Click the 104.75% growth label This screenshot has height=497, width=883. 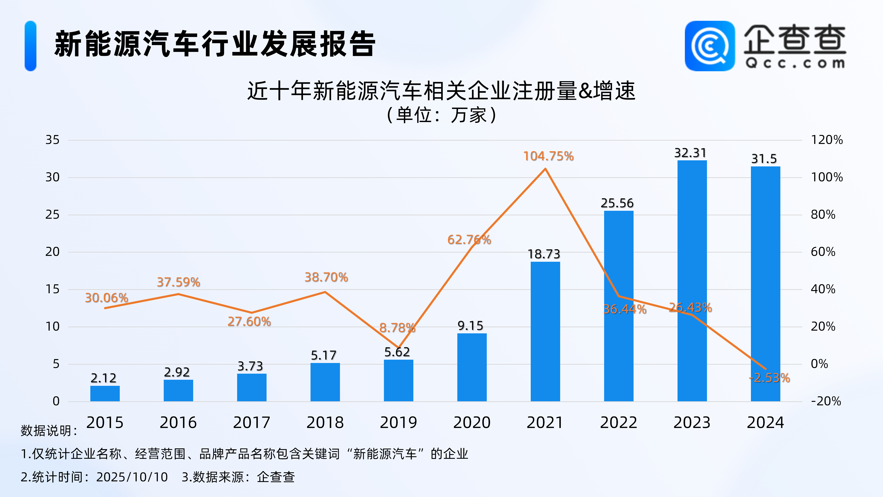point(548,156)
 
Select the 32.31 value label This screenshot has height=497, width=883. point(690,153)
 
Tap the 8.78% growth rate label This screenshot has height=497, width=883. point(397,328)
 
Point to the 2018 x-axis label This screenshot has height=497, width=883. point(325,423)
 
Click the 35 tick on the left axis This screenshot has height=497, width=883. point(52,140)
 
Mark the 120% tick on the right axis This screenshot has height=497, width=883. point(827,140)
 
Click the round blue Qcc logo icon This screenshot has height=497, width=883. point(710,46)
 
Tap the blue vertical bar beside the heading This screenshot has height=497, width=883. point(31,46)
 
